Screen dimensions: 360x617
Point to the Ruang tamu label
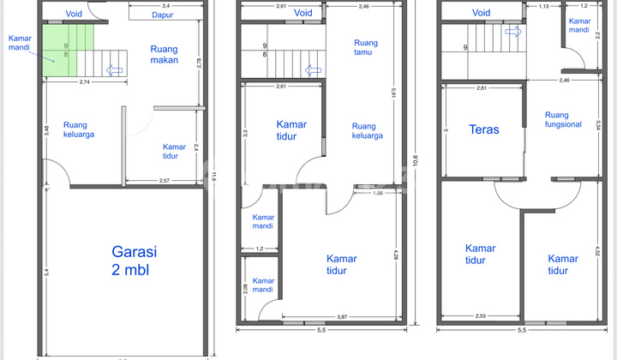pos(365,48)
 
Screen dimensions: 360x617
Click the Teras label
pos(485,130)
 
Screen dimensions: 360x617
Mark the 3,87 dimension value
pos(340,317)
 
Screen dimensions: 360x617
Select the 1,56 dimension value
pos(377,193)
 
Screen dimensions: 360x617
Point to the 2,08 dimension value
pos(246,286)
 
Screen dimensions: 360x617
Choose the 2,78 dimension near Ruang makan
pos(199,63)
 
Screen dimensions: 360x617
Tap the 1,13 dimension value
pos(543,6)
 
